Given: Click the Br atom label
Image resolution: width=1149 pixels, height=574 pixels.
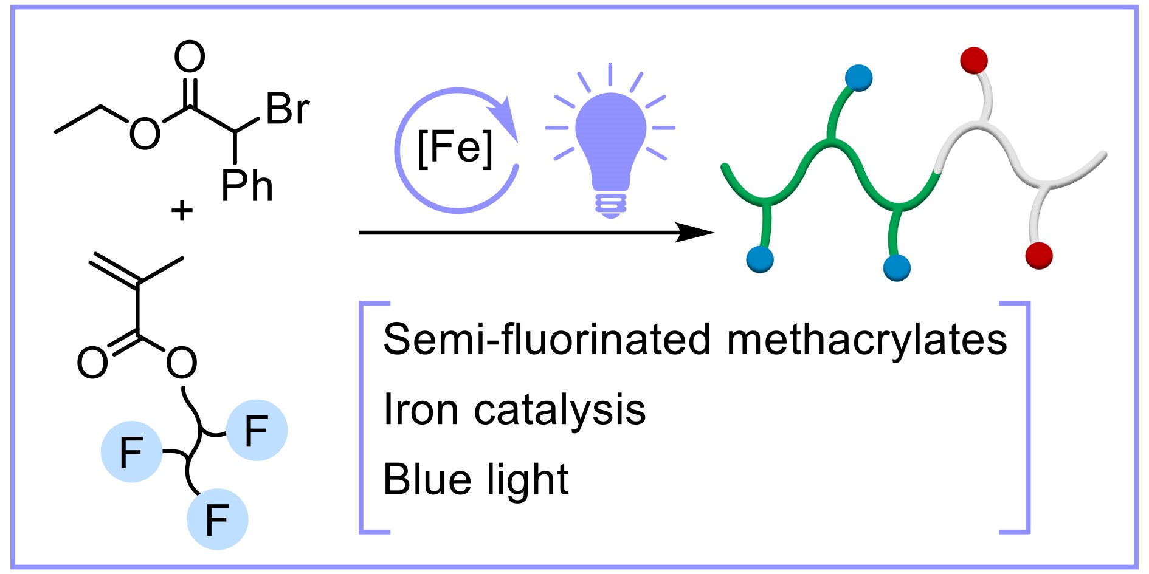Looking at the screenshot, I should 287,109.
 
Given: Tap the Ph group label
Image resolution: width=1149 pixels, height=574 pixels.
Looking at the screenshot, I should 247,186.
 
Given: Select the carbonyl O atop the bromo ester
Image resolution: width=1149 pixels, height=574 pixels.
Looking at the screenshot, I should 190,57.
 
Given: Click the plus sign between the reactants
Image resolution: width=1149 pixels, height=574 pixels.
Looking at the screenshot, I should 182,211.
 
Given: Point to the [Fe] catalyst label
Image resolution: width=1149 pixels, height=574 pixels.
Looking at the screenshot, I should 455,148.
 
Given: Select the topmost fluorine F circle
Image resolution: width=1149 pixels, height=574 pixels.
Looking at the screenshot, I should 257,430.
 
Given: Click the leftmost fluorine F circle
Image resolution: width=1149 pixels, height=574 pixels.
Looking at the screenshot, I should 131,452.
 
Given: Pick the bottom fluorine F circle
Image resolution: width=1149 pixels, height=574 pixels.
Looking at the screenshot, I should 217,519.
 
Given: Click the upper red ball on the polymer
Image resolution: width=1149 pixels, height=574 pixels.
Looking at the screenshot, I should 974,60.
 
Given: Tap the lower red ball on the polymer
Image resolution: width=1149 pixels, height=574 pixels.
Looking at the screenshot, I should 1038,255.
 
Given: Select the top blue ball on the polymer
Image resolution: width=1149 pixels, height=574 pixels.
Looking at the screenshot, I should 858,78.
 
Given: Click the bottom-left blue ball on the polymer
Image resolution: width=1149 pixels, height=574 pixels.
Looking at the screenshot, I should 760,259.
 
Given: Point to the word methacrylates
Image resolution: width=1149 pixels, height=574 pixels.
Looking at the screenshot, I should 866,339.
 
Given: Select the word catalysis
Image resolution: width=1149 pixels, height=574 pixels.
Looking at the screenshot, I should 560,411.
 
